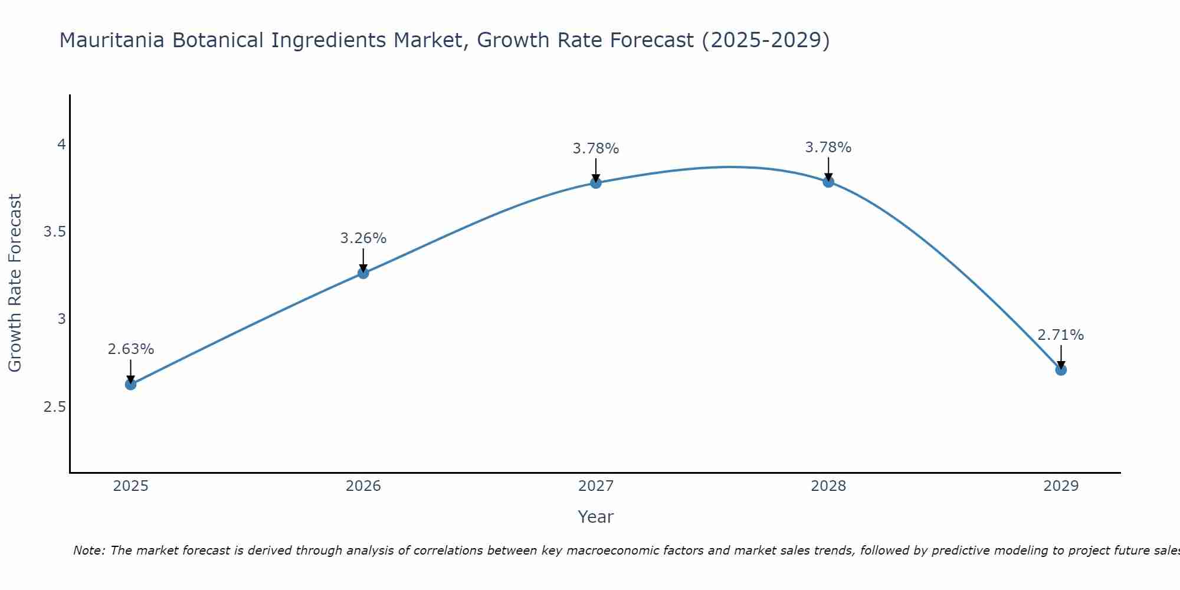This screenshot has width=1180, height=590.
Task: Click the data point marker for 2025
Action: pyautogui.click(x=130, y=384)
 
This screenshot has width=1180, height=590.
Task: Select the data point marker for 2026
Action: pyautogui.click(x=363, y=273)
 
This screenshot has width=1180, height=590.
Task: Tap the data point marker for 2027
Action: pyautogui.click(x=595, y=182)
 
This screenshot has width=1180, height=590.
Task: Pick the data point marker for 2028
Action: pyautogui.click(x=828, y=181)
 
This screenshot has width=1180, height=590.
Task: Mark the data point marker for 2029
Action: pyautogui.click(x=1060, y=370)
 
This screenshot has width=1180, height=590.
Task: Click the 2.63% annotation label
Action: pyautogui.click(x=130, y=349)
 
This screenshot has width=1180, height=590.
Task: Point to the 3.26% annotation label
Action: pyautogui.click(x=363, y=238)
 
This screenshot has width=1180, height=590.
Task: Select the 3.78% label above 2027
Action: pyautogui.click(x=595, y=149)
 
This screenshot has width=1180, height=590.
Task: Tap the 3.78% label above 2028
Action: pyautogui.click(x=828, y=147)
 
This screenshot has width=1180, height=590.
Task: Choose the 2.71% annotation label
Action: pyautogui.click(x=1060, y=335)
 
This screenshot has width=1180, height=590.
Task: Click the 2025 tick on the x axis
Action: pyautogui.click(x=130, y=486)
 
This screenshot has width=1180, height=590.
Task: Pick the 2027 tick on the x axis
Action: pyautogui.click(x=595, y=486)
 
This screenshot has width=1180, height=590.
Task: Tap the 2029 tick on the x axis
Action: pyautogui.click(x=1060, y=486)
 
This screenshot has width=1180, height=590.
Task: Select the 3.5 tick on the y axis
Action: pyautogui.click(x=54, y=232)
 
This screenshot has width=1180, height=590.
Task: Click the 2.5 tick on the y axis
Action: pyautogui.click(x=54, y=407)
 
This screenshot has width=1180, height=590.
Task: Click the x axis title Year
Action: pyautogui.click(x=595, y=517)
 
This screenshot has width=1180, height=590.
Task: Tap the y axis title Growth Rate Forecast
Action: pyautogui.click(x=15, y=283)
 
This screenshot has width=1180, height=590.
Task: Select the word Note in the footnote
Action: pyautogui.click(x=88, y=550)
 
